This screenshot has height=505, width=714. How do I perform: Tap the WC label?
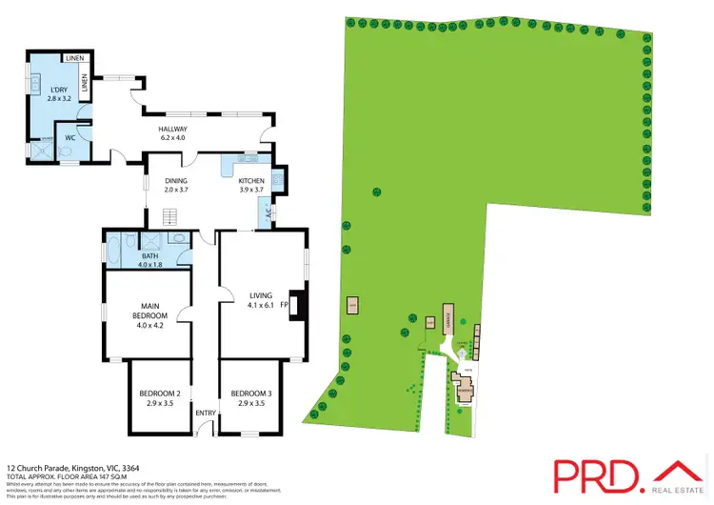click(69, 138)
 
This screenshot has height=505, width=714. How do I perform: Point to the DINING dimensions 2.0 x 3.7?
click(176, 191)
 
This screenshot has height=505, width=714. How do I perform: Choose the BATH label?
click(149, 254)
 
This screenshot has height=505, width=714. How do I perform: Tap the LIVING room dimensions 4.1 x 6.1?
click(261, 305)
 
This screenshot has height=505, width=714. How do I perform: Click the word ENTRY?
click(206, 413)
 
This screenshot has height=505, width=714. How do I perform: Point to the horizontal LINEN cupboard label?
click(74, 59)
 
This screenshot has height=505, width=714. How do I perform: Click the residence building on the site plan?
click(464, 390)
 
